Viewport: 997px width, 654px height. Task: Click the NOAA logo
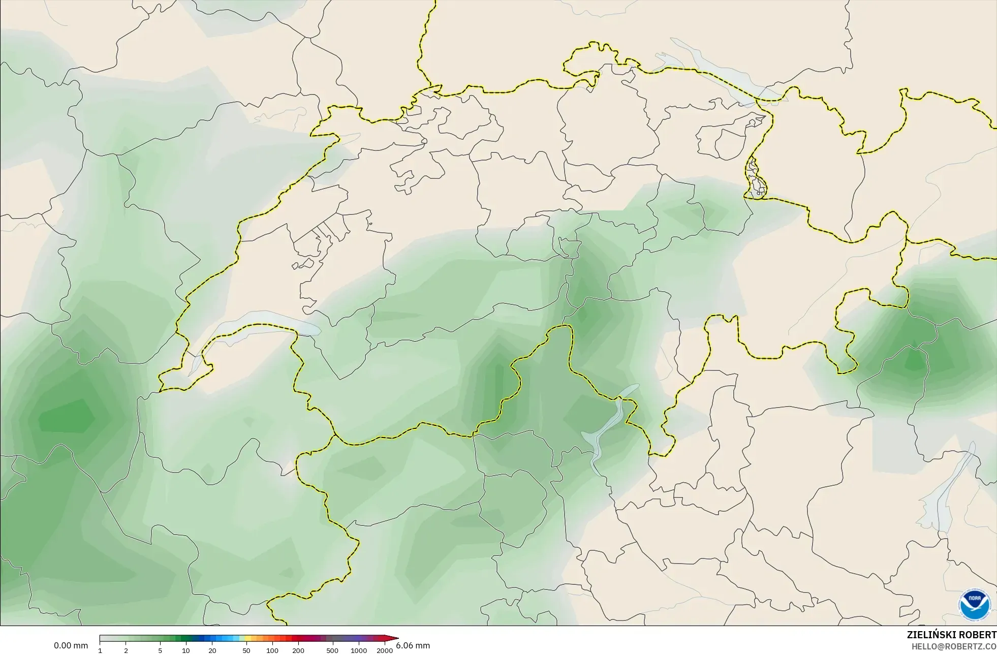[x=975, y=605]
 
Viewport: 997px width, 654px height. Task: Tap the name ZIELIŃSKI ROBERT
[x=951, y=635]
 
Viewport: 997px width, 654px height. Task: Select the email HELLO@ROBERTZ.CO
[x=954, y=646]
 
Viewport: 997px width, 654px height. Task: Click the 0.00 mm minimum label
[x=71, y=646]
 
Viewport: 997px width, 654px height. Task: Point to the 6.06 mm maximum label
[x=413, y=646]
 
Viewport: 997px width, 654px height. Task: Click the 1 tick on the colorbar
[x=100, y=650]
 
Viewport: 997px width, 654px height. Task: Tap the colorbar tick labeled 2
[x=126, y=650]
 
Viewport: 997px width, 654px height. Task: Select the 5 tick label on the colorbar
[x=160, y=650]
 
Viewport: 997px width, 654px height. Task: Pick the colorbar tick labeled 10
[x=186, y=650]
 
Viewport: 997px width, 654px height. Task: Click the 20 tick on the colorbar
[x=212, y=650]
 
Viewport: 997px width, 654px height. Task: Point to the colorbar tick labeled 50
[x=246, y=650]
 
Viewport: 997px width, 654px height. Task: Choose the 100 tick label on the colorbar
[x=272, y=650]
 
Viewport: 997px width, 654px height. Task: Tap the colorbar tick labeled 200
[x=298, y=650]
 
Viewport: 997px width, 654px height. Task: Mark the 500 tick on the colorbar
[x=332, y=650]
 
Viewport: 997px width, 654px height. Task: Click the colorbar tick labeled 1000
[x=359, y=650]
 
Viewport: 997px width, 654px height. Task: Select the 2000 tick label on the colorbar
[x=385, y=650]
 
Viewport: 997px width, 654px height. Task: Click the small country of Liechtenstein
[x=754, y=178]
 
